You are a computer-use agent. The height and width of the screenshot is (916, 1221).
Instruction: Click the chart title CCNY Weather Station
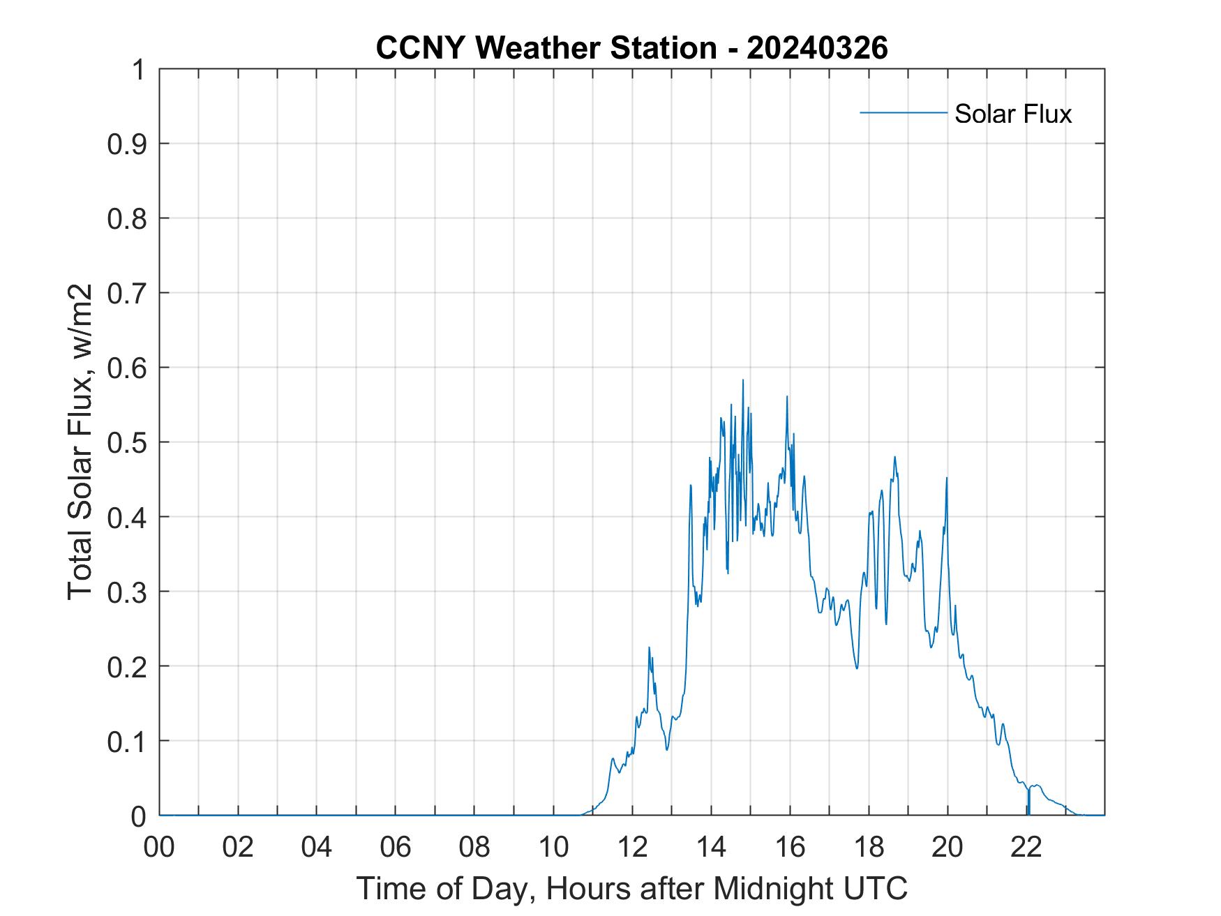pyautogui.click(x=631, y=47)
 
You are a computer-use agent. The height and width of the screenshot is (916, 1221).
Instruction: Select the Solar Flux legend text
pyautogui.click(x=1012, y=114)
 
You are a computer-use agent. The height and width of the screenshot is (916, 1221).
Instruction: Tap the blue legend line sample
pyautogui.click(x=903, y=112)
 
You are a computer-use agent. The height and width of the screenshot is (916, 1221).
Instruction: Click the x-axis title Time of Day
pyautogui.click(x=631, y=888)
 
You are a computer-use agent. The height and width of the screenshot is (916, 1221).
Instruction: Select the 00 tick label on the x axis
pyautogui.click(x=159, y=847)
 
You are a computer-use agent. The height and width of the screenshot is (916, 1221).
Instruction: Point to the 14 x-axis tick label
pyautogui.click(x=711, y=847)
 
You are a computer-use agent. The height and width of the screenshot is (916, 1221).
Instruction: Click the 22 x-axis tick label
pyautogui.click(x=1026, y=847)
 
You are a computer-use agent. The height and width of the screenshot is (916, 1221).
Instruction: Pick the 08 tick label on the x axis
pyautogui.click(x=474, y=847)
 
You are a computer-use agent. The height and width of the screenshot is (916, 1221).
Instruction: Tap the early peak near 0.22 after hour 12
pyautogui.click(x=649, y=647)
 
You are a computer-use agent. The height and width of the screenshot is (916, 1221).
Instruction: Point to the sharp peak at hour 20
pyautogui.click(x=947, y=478)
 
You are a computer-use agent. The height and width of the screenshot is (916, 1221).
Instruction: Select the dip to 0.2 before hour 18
pyautogui.click(x=857, y=668)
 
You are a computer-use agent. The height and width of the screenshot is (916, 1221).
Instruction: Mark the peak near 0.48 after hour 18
pyautogui.click(x=894, y=457)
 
